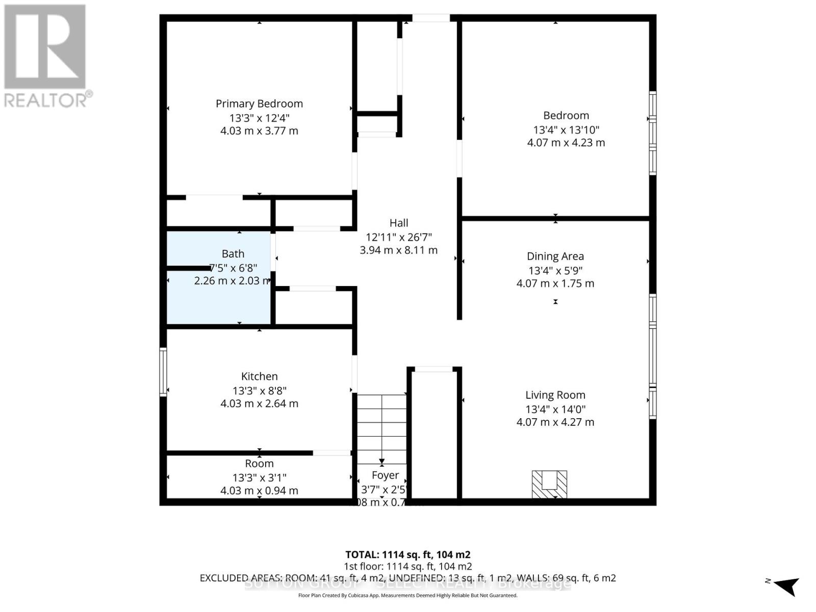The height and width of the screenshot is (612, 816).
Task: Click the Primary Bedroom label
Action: pos(259,104)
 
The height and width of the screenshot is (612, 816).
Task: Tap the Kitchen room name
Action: pos(259,376)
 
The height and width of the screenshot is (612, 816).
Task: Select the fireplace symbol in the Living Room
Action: pos(549,484)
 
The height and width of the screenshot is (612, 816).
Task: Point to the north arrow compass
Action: pos(785,585)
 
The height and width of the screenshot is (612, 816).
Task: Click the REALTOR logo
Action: pos(47,56)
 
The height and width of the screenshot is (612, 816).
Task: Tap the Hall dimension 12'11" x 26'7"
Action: pos(399,237)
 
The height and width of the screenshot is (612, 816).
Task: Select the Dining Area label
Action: pos(555,257)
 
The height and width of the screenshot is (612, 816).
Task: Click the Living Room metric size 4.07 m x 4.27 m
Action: pos(555,422)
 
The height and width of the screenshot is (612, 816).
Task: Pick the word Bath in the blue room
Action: pos(233,254)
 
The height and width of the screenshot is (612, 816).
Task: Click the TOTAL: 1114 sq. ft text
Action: pos(407,554)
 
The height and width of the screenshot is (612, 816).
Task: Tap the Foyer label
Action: pos(385,475)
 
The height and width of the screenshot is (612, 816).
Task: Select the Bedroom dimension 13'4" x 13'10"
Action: pos(566,130)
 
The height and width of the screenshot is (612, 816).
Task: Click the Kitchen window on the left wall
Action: pos(163,372)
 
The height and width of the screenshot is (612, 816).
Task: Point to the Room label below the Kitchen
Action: pos(259,464)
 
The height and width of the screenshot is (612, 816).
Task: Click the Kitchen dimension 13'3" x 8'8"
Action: pos(259,391)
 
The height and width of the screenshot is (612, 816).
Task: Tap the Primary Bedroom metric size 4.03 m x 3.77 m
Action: pos(259,131)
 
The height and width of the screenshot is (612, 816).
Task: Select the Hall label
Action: pos(399,223)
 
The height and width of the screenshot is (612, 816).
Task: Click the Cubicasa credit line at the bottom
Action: pos(407,595)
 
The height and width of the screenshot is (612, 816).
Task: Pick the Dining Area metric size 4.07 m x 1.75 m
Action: pos(555,284)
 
